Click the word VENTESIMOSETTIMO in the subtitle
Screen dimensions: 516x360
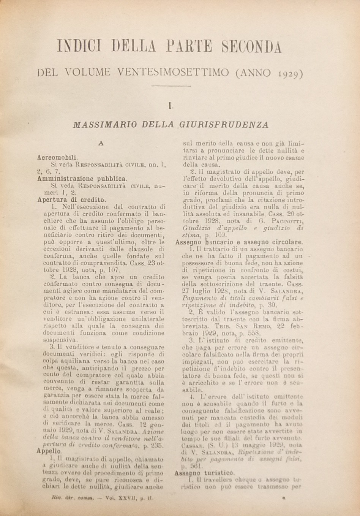point(173,72)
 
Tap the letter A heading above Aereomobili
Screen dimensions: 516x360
point(101,143)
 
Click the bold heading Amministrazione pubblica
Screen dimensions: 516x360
point(82,178)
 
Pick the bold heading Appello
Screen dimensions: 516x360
point(49,451)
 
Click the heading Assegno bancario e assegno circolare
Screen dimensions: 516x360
point(239,242)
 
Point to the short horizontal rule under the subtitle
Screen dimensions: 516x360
point(171,87)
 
